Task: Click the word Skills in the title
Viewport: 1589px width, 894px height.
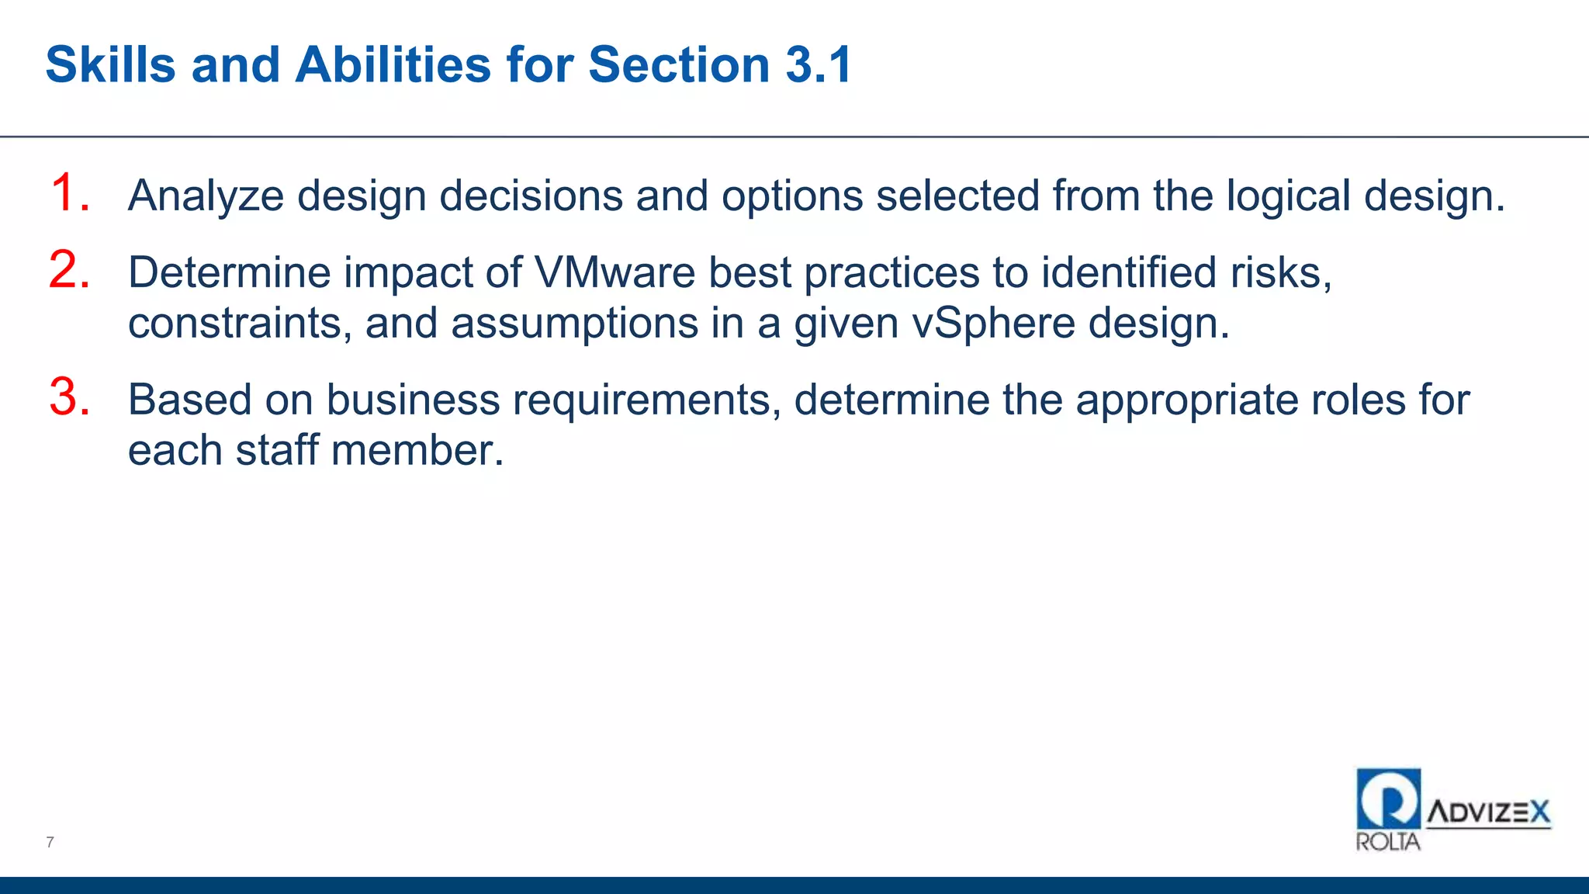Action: coord(111,64)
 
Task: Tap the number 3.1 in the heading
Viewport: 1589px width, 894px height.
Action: coord(819,64)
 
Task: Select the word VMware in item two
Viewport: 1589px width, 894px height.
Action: coord(614,272)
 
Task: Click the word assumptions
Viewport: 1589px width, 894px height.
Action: coord(575,323)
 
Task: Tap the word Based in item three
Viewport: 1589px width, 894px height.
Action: coord(189,400)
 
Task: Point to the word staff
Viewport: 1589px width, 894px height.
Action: coord(277,450)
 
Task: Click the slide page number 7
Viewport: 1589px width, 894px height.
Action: coord(50,842)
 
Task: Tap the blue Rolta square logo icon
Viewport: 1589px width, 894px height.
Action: coord(1388,799)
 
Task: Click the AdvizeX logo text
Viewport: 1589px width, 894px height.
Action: coord(1488,813)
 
